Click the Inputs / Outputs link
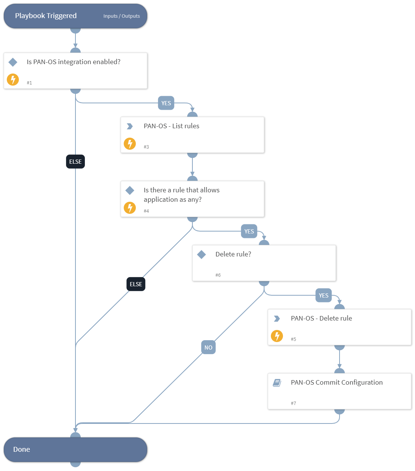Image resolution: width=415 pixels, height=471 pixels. (x=121, y=16)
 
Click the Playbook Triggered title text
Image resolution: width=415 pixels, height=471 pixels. (x=46, y=16)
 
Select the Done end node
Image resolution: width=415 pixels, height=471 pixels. (x=75, y=449)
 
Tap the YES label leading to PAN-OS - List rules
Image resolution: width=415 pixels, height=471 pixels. (x=166, y=103)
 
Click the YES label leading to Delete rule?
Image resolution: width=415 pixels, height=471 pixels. (x=249, y=232)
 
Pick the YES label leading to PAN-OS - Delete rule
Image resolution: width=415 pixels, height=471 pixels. (x=323, y=296)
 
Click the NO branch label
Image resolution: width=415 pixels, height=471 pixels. (x=208, y=348)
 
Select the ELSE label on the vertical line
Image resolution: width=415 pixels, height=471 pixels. (x=75, y=162)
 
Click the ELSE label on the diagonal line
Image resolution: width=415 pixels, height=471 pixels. (x=136, y=284)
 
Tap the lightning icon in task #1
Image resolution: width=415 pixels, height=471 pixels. (x=13, y=80)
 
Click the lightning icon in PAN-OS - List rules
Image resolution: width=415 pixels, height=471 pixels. (x=130, y=144)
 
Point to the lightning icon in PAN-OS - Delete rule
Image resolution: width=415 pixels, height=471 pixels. (x=277, y=336)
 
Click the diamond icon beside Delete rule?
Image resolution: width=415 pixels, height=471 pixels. (x=201, y=255)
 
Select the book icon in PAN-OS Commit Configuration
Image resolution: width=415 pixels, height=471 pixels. (x=277, y=383)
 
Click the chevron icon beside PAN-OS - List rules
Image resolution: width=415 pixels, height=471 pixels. (x=130, y=126)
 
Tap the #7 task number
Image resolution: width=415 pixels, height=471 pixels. (x=294, y=403)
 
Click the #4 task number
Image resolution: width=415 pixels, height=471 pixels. (x=146, y=211)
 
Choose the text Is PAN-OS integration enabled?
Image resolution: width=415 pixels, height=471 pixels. (x=74, y=62)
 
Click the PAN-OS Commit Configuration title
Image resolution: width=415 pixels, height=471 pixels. (x=337, y=382)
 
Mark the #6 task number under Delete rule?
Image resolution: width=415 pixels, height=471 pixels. (x=218, y=275)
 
